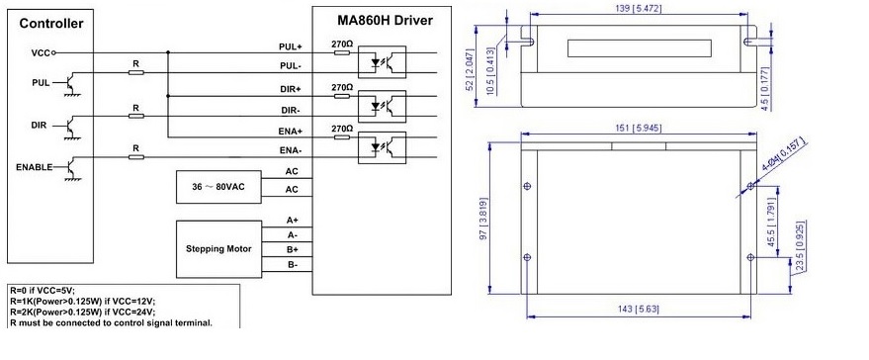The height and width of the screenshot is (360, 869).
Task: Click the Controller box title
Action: click(51, 24)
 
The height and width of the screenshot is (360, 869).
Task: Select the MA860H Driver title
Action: click(386, 21)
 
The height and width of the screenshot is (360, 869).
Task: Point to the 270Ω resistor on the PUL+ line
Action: click(342, 53)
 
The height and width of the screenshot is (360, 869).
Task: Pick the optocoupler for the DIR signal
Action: click(382, 106)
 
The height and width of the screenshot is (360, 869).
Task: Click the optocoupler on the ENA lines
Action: click(382, 147)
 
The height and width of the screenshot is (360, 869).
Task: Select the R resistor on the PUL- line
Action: click(135, 72)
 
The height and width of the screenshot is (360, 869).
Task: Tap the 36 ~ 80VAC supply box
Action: click(218, 187)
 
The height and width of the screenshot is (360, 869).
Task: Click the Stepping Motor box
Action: click(218, 249)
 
